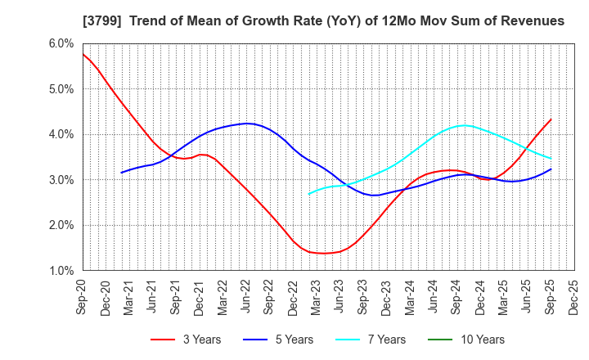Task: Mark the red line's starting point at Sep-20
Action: (x=83, y=54)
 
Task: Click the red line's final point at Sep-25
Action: (x=551, y=119)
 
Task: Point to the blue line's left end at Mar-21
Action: (x=121, y=173)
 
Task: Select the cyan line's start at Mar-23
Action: (x=309, y=194)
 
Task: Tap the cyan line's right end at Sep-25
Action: (x=551, y=159)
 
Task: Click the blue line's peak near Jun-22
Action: (x=247, y=124)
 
